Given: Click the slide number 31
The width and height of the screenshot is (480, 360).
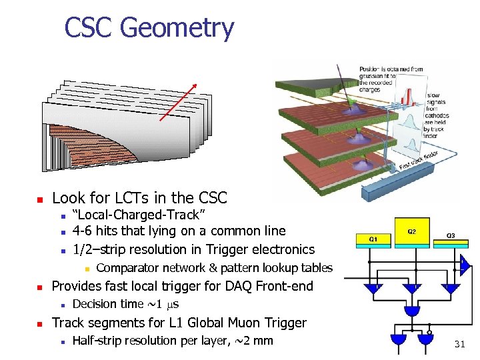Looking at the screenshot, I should (459, 344).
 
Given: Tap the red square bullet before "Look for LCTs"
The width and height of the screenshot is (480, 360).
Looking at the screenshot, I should (40, 199).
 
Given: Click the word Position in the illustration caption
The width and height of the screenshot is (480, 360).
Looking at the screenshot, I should (371, 69).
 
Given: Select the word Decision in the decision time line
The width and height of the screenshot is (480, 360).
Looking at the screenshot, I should (95, 304).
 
